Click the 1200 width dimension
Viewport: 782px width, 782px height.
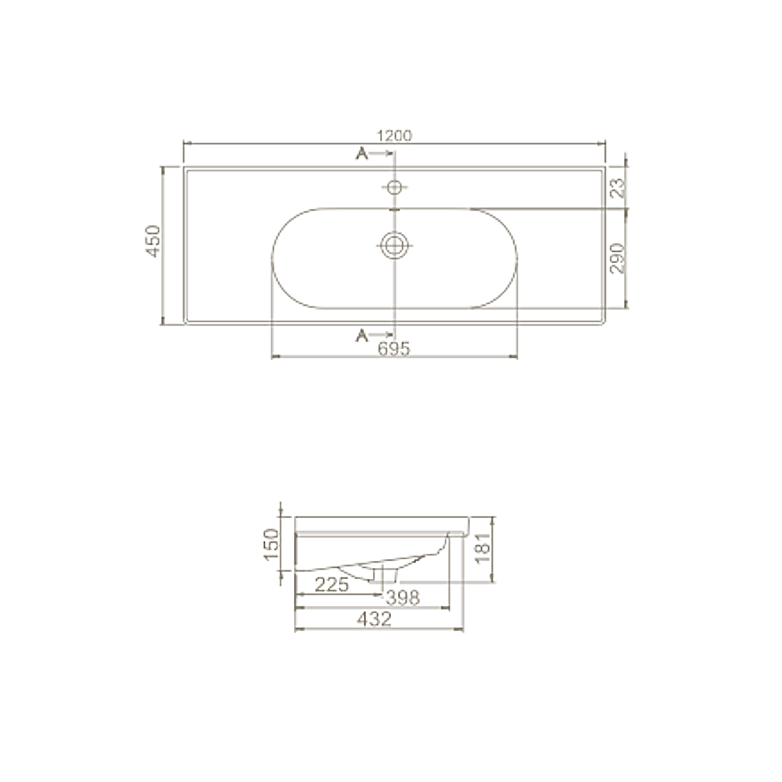coord(394,136)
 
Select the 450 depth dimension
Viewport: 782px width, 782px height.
coord(153,242)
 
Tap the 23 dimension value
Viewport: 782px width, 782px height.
coord(618,188)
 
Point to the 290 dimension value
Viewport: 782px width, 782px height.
coord(618,258)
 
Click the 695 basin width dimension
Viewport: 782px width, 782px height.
coord(394,348)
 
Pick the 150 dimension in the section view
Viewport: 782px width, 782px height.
coord(271,544)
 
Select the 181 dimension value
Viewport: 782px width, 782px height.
coord(483,548)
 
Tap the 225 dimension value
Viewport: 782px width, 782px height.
coord(332,585)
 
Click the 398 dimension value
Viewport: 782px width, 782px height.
coord(403,597)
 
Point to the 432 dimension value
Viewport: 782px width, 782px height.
coord(374,619)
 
